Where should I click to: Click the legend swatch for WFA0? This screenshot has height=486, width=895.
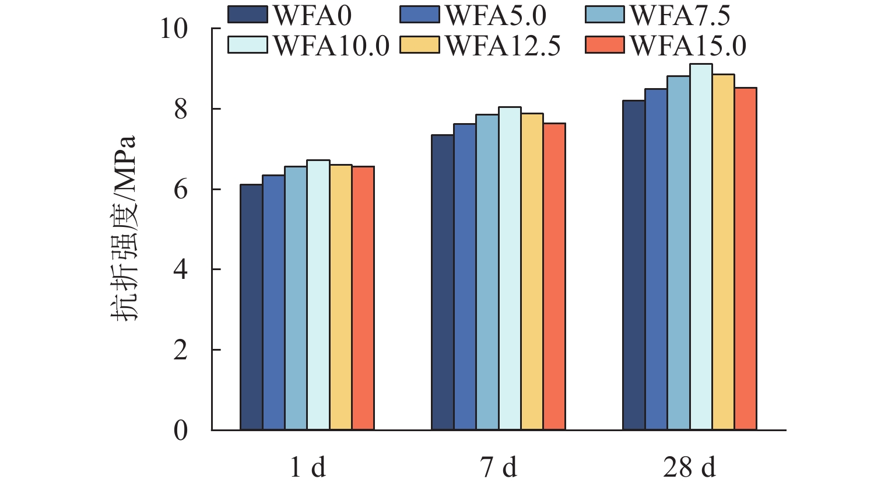click(248, 15)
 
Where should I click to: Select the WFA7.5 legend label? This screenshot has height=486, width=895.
click(680, 16)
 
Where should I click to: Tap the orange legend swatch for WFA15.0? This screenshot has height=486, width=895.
click(605, 45)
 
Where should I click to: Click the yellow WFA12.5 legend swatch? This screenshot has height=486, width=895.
click(420, 45)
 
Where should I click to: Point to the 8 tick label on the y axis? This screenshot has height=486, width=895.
click(181, 110)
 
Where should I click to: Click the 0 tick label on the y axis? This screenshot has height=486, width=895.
click(181, 431)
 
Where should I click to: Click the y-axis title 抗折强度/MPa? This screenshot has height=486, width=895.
click(124, 228)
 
